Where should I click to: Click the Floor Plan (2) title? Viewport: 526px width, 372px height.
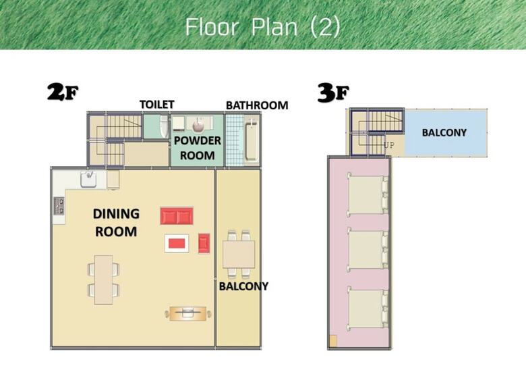coord(263,27)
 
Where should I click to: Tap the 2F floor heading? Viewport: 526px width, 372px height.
coord(63,92)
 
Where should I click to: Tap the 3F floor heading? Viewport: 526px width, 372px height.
coord(333,92)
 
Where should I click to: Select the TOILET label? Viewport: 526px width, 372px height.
coord(156,105)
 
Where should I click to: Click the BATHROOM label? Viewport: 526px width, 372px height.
coord(257,105)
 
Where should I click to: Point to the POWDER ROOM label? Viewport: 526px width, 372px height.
coord(197,148)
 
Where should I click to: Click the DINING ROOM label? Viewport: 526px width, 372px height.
coord(116,223)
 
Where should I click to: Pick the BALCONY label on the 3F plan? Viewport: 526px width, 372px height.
coord(444,132)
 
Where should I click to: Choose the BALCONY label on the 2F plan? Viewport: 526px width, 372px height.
coord(243,286)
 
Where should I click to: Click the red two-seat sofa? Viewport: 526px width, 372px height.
coord(177,215)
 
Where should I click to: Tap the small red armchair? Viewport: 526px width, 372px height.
coord(204,243)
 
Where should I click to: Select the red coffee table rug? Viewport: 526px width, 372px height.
coord(177,244)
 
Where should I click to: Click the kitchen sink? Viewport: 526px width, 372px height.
coord(88,180)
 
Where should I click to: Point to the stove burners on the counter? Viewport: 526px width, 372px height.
coord(59,205)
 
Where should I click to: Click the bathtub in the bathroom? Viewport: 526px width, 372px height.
coord(252,141)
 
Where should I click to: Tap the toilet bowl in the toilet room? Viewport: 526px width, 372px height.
coord(164,126)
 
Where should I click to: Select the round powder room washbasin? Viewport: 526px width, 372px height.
coord(198,126)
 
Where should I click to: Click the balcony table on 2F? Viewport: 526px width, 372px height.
coord(239,254)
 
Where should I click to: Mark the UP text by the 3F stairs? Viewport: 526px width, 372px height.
coord(389,145)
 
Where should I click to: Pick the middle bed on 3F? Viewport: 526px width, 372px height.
coord(368,249)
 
